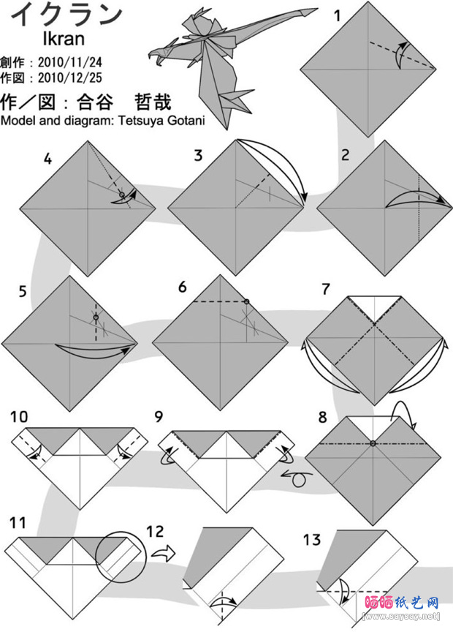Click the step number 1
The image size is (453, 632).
tap(338, 15)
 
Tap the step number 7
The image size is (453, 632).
tap(326, 289)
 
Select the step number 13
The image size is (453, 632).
tap(312, 540)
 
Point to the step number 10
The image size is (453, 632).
tap(19, 417)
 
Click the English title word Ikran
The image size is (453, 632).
tap(64, 39)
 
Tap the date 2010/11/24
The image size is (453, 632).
tap(70, 62)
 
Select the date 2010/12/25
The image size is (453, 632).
tap(70, 78)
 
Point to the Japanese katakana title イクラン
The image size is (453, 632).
tap(66, 15)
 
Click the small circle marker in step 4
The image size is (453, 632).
tap(121, 195)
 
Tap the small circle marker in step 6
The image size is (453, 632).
tap(246, 301)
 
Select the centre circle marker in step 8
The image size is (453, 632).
tap(373, 443)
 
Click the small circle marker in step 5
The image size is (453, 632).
tap(96, 317)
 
